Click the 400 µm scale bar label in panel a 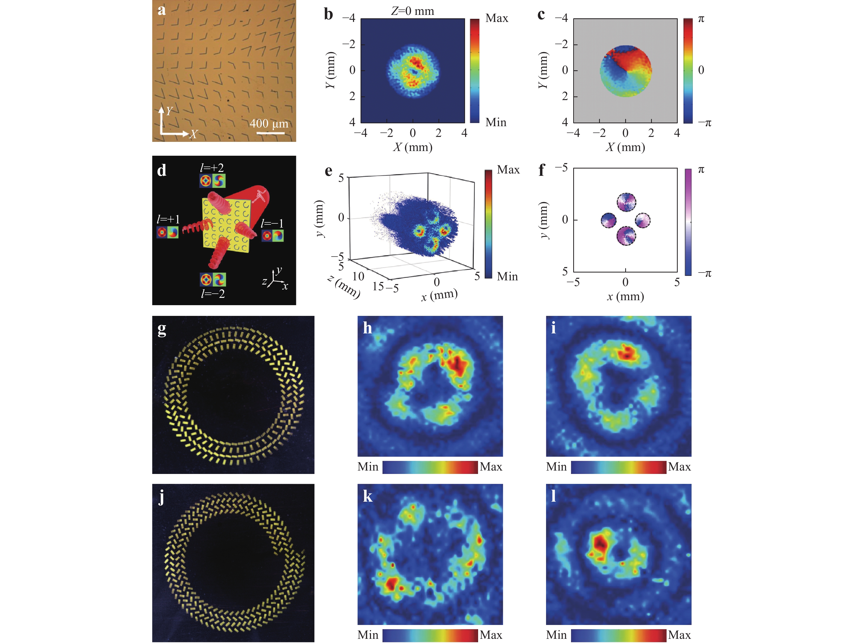pos(269,124)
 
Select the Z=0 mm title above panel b pos(413,11)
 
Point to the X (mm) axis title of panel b pos(413,147)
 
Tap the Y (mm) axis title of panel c pos(543,70)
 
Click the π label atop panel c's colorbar pos(701,19)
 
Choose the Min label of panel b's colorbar pos(496,122)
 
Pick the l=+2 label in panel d pos(212,168)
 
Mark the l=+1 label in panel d pos(168,219)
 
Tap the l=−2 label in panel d pos(213,294)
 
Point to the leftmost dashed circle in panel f pos(608,220)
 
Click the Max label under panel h pos(491,467)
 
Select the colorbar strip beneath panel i pos(618,467)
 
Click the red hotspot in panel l pos(600,542)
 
